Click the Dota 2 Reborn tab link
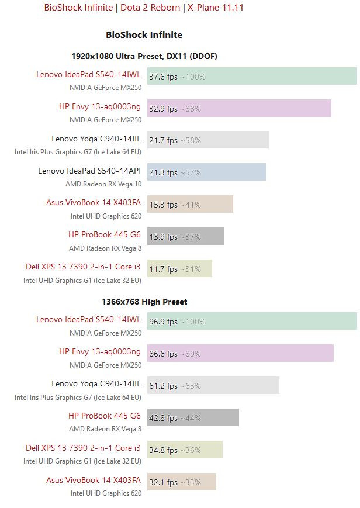point(150,8)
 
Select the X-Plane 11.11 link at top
point(215,8)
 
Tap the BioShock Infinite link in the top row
point(79,8)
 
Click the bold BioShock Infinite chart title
point(144,35)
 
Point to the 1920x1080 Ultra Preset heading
point(144,56)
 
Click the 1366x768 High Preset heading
point(144,302)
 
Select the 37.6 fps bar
point(252,76)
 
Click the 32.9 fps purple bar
point(239,108)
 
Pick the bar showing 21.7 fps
point(207,140)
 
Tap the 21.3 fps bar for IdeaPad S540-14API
point(206,172)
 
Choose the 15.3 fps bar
point(190,204)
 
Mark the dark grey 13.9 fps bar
point(185,236)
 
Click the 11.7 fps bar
point(179,268)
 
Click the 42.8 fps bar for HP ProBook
point(193,417)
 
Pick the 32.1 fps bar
point(181,482)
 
